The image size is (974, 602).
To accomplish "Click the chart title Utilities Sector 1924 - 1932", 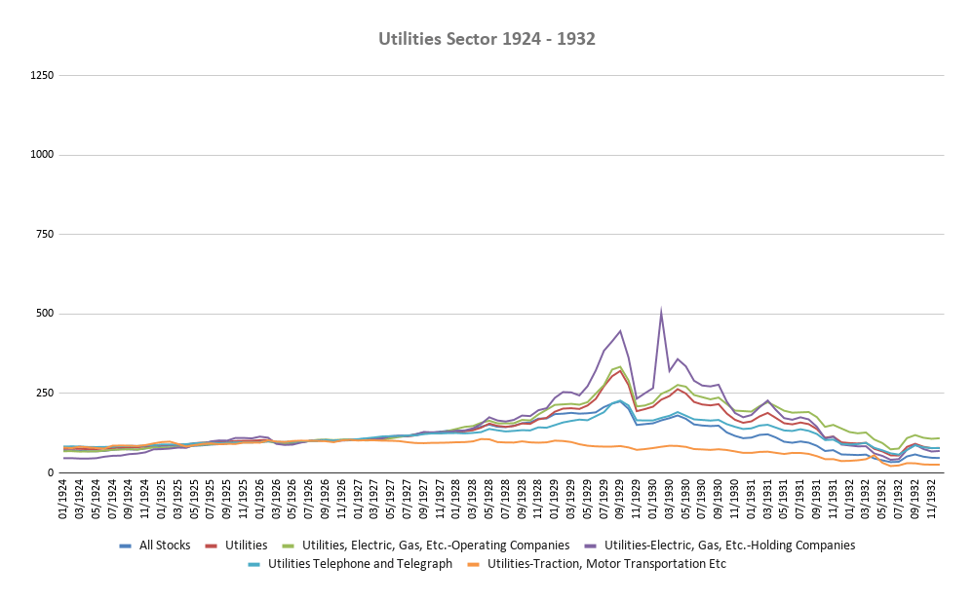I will [x=487, y=39].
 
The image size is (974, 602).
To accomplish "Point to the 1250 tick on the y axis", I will [x=41, y=75].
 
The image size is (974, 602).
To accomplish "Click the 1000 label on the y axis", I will [x=41, y=155].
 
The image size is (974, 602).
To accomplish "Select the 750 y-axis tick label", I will [x=44, y=235].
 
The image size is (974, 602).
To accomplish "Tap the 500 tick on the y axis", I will [x=44, y=314].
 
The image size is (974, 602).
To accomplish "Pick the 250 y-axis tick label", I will [x=44, y=394].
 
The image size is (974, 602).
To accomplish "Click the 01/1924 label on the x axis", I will [x=64, y=502].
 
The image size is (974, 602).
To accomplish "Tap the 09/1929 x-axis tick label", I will [x=620, y=502].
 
